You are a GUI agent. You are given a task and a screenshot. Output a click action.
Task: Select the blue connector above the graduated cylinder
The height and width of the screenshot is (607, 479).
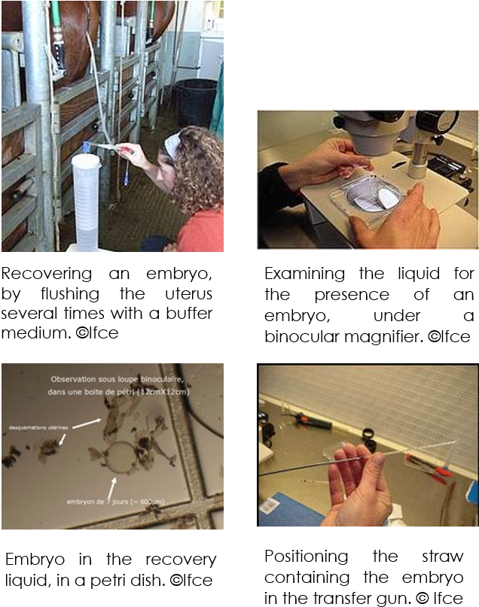pos(87,147)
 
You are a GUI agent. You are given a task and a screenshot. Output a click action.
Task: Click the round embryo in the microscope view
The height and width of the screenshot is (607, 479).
pos(119,457)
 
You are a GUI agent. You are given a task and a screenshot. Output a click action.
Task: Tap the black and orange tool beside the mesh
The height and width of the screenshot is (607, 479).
pos(311,420)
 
